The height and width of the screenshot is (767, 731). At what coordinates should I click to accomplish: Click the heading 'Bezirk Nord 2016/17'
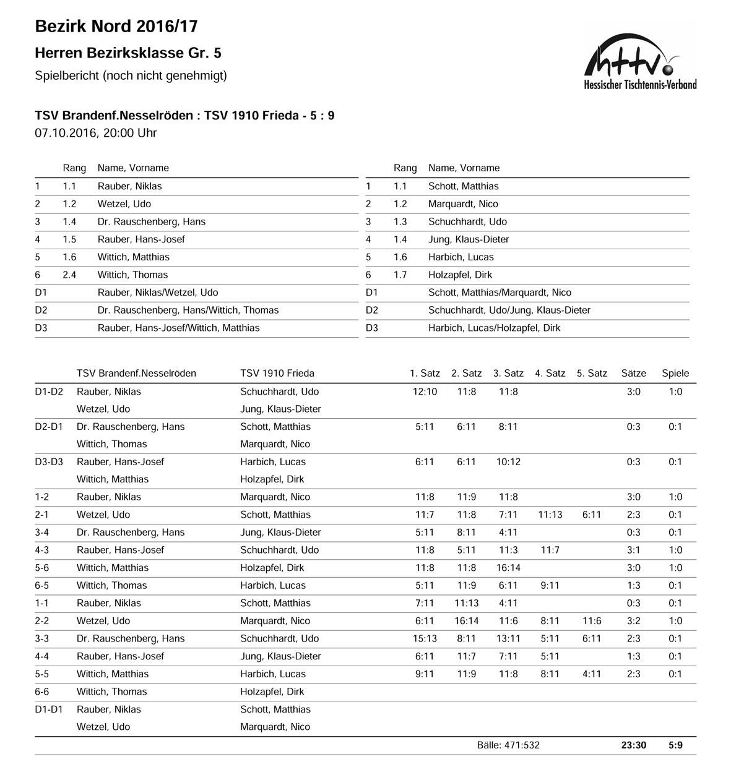coord(116,26)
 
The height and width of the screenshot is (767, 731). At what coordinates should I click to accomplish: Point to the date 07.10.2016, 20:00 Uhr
coord(96,132)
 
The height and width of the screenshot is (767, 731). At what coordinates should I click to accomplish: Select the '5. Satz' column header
coord(592,373)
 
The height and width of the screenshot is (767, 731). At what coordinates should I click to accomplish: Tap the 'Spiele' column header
coord(675,373)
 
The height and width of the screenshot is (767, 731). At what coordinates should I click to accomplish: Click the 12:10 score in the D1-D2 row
coord(425,392)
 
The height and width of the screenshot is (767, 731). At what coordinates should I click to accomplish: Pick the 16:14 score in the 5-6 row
coord(508,568)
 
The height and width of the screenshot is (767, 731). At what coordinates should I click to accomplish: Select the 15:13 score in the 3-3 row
coord(425,638)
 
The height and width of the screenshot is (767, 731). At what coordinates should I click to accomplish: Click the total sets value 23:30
coord(633,745)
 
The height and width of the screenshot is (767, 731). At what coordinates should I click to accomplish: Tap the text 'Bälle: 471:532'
coord(508,745)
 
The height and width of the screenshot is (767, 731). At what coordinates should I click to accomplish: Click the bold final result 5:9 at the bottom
coord(675,745)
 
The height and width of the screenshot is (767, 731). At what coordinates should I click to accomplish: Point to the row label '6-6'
coord(45,692)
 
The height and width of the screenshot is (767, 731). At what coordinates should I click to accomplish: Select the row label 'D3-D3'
coord(49,462)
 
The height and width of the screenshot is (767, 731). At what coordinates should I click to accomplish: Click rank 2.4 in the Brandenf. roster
coord(69,275)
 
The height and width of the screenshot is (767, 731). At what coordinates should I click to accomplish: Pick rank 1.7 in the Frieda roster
coord(400,275)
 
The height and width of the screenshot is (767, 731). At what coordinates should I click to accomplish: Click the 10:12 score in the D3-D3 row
coord(508,462)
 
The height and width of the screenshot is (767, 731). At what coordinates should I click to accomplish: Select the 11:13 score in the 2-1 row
coord(550,515)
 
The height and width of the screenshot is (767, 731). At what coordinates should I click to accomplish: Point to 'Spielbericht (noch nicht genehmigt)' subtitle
coord(131,75)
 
